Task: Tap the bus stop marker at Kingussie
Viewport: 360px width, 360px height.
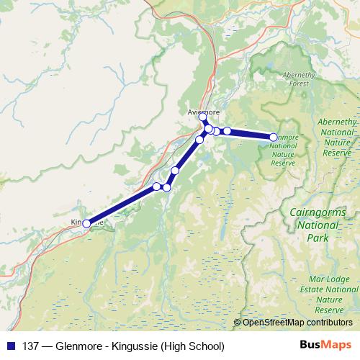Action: [86, 224]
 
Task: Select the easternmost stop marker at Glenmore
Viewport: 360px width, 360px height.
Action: [274, 137]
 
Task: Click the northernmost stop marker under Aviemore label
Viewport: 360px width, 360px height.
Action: [203, 117]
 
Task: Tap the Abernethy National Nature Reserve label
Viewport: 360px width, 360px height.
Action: [336, 138]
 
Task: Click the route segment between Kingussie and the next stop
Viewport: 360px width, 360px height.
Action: [121, 205]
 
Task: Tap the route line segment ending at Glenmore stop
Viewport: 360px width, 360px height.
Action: [251, 134]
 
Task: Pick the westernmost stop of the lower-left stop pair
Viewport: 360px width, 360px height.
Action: [157, 186]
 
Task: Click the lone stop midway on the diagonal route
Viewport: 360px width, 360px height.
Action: [175, 171]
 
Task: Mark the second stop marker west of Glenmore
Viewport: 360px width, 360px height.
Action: [216, 131]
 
